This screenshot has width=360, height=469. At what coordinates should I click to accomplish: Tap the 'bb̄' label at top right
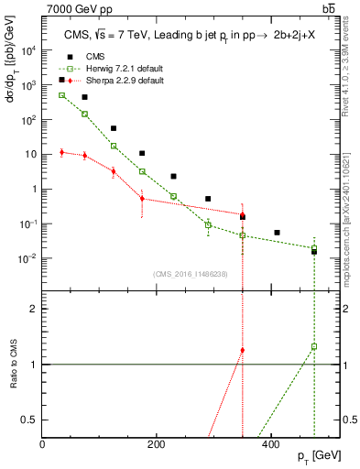coord(328,8)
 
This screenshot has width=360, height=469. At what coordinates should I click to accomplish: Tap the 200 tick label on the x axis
coord(157,444)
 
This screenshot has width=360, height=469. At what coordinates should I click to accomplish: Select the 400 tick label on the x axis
coord(270,444)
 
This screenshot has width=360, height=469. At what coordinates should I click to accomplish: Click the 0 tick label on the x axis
coord(43,444)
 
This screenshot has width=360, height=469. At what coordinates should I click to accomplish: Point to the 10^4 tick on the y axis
coord(31,50)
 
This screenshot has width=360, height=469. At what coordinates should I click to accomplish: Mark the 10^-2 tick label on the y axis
coord(29,258)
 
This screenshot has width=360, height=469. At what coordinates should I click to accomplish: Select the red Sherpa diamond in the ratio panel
coord(243,350)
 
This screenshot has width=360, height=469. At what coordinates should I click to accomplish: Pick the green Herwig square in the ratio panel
coord(314,347)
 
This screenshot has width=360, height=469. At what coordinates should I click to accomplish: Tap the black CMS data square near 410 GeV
coord(278,233)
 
